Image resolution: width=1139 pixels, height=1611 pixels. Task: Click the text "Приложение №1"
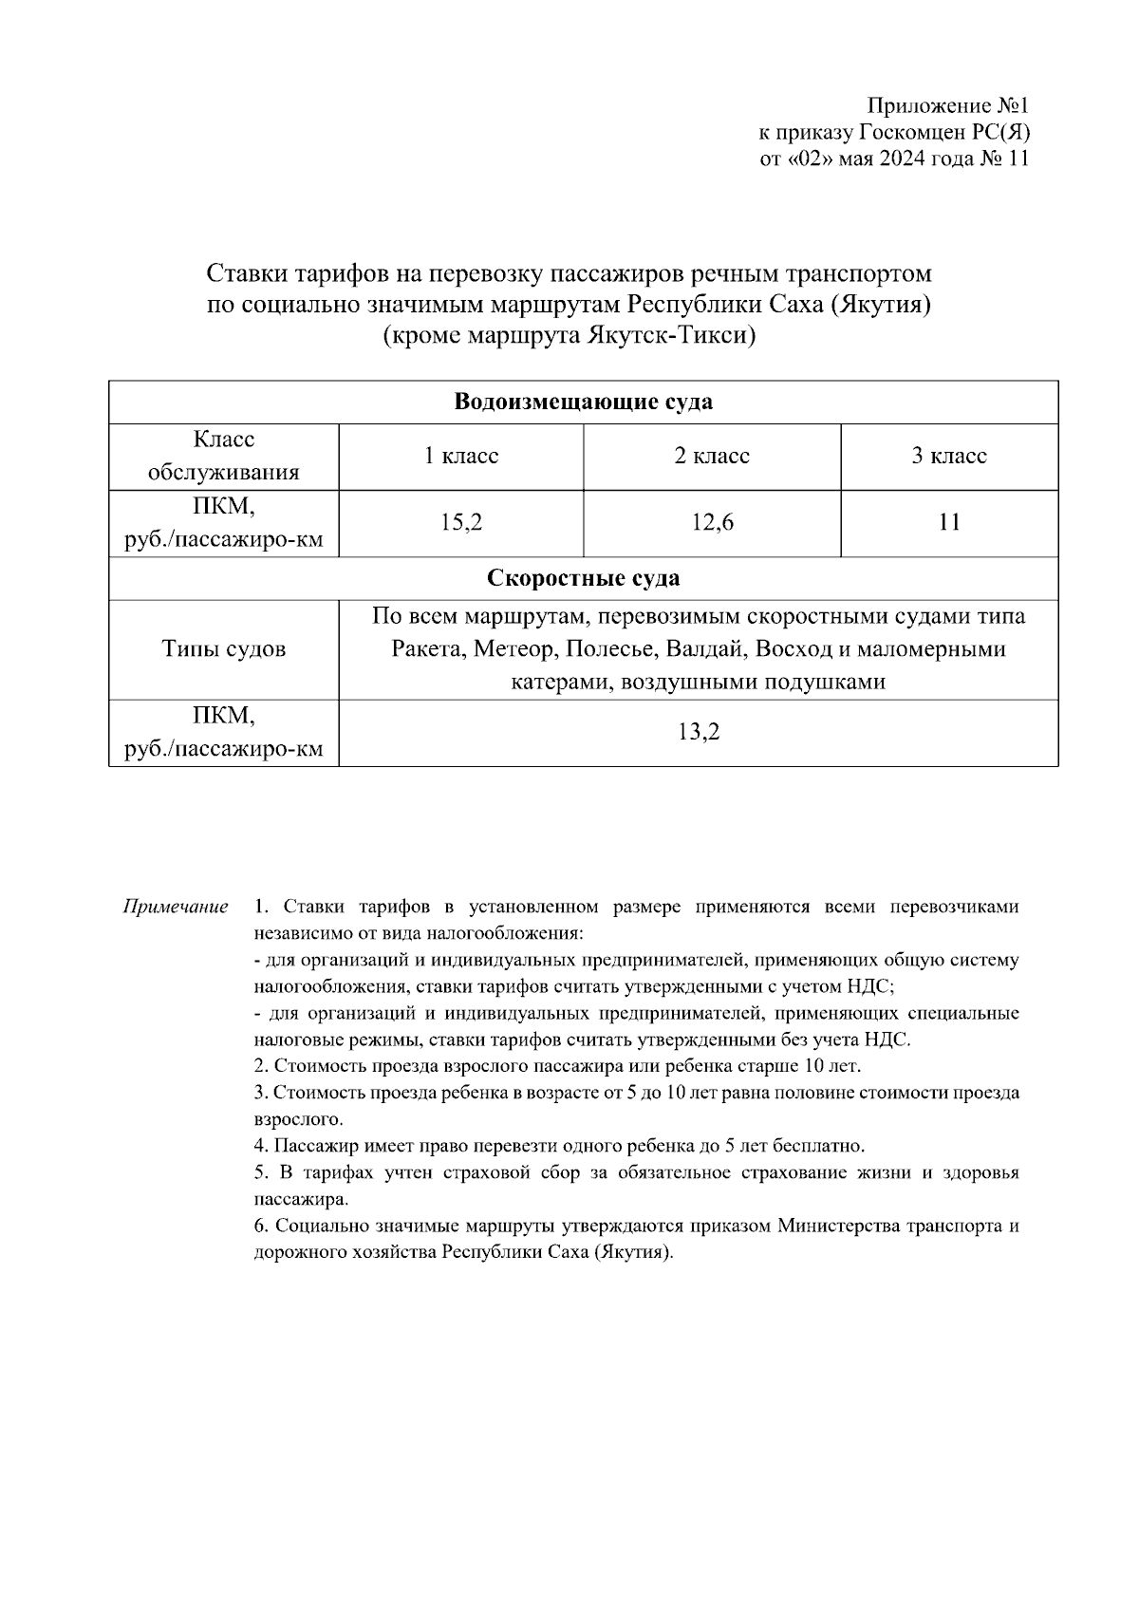[x=947, y=105]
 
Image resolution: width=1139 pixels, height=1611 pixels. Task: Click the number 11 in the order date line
[x=1016, y=159]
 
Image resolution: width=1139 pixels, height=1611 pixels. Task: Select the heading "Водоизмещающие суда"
[x=583, y=402]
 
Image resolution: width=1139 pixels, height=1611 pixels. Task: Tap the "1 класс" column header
[x=461, y=457]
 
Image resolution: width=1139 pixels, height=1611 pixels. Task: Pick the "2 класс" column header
[x=712, y=457]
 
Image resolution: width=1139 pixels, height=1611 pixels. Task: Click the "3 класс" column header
[x=949, y=457]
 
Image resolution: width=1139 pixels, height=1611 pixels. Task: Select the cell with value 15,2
[x=461, y=522]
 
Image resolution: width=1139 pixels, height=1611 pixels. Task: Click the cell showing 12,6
[x=712, y=522]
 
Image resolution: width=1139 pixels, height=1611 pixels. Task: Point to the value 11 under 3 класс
[x=949, y=522]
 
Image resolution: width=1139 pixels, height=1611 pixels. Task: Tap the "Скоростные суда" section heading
[x=583, y=578]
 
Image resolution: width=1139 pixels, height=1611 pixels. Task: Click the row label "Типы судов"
[x=224, y=649]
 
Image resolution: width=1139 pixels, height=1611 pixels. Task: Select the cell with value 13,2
[x=699, y=732]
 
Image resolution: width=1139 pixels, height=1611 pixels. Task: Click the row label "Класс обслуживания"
[x=224, y=457]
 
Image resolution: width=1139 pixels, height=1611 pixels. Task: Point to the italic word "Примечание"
[x=176, y=907]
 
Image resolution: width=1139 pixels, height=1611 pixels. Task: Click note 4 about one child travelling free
[x=560, y=1146]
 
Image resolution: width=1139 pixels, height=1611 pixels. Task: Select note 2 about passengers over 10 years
[x=558, y=1066]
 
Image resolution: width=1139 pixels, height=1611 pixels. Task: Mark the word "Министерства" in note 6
[x=836, y=1226]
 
